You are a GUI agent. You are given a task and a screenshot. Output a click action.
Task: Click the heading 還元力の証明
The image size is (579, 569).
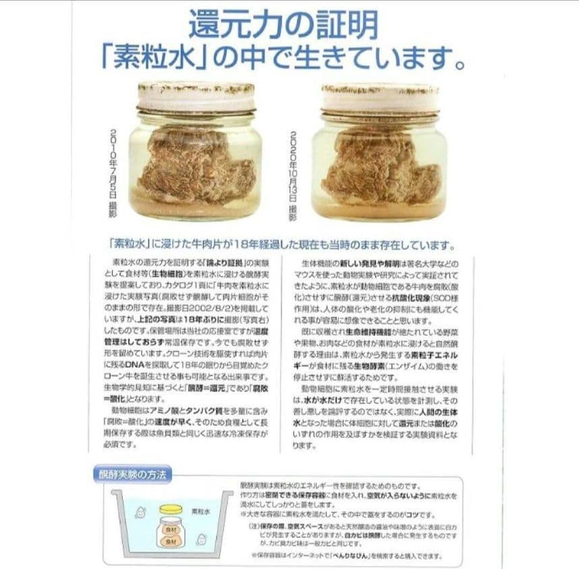click(283, 25)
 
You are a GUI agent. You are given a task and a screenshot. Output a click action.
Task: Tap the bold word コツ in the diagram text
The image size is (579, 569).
click(410, 514)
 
